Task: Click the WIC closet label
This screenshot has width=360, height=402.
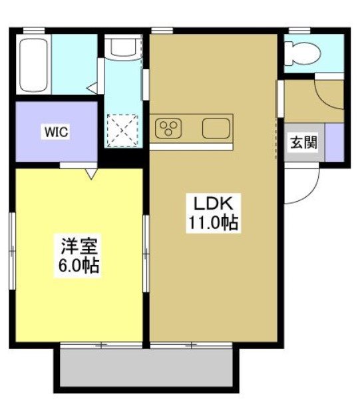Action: [x=57, y=131]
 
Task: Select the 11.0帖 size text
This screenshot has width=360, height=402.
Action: [x=212, y=223]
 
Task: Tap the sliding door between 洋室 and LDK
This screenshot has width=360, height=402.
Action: [x=146, y=253]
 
